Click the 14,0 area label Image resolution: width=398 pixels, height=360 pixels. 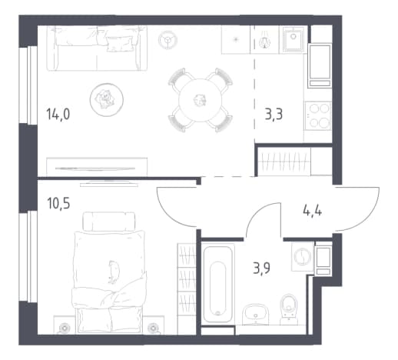click(58, 114)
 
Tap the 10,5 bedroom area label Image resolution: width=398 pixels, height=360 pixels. click(58, 203)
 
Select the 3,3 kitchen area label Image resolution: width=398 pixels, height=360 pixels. click(274, 114)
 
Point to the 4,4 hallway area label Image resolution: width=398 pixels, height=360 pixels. click(312, 211)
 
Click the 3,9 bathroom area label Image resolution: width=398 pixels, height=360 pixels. click(261, 268)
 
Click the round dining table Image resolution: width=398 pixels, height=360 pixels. click(201, 100)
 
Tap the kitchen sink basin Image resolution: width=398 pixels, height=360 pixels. click(294, 39)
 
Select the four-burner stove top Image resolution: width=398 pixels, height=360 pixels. click(318, 116)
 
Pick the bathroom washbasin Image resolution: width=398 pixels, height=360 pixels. click(255, 314)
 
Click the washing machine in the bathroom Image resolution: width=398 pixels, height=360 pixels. click(303, 256)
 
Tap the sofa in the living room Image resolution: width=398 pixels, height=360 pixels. click(97, 48)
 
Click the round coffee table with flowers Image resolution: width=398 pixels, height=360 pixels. click(107, 99)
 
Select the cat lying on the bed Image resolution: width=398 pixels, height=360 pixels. click(114, 272)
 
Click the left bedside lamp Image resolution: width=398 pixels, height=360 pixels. click(64, 328)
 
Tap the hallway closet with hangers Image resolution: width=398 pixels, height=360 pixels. click(284, 162)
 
